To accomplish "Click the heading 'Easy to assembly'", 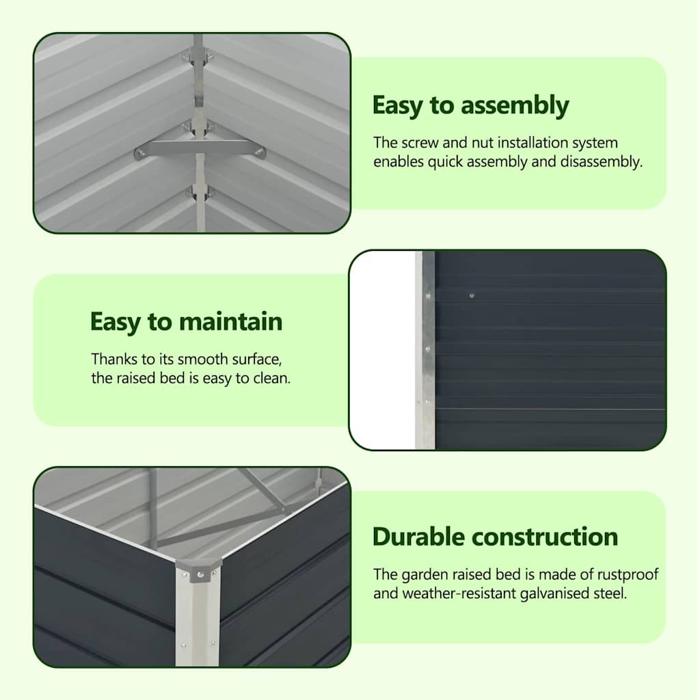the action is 470,106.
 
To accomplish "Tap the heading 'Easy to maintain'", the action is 186,322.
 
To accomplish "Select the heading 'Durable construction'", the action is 495,537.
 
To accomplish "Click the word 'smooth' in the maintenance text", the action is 202,359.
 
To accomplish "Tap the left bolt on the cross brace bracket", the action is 141,154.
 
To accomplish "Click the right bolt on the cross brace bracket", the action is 258,153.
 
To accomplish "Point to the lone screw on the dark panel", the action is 472,295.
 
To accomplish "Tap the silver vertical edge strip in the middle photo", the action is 425,350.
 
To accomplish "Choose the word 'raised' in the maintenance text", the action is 136,378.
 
